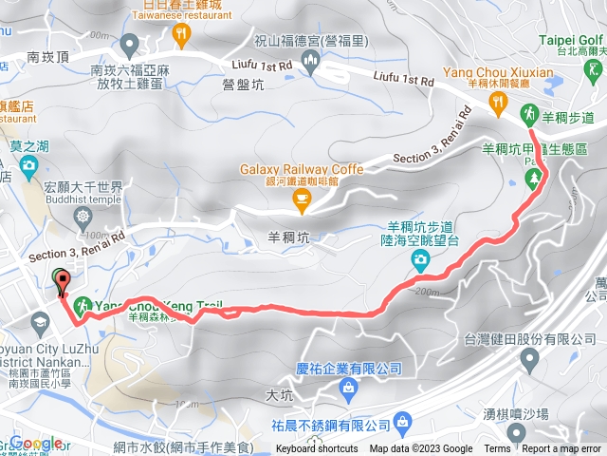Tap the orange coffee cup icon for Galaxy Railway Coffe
pyautogui.click(x=303, y=197)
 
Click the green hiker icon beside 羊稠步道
pyautogui.click(x=528, y=116)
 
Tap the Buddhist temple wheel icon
pyautogui.click(x=85, y=217)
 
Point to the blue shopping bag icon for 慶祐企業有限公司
pyautogui.click(x=349, y=388)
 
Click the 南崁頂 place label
pyautogui.click(x=47, y=56)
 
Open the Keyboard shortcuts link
pyautogui.click(x=317, y=449)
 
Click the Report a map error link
pyautogui.click(x=561, y=449)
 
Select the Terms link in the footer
pyautogui.click(x=497, y=449)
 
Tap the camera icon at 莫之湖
pyautogui.click(x=29, y=167)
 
